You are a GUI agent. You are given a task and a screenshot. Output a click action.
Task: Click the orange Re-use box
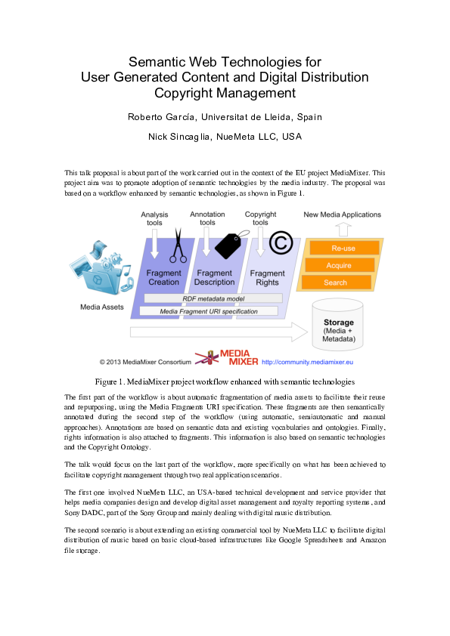344,249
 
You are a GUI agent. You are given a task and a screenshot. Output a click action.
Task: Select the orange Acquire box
339,265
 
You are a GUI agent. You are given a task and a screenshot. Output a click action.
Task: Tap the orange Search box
336,282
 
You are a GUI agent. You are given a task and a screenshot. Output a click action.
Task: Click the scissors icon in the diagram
178,246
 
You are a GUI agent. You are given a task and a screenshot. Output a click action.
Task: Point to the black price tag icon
228,244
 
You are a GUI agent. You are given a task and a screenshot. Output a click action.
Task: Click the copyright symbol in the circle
281,242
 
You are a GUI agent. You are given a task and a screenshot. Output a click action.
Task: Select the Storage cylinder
338,327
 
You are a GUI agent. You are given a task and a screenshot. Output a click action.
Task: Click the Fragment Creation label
164,277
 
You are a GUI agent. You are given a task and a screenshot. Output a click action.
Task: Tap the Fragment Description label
215,277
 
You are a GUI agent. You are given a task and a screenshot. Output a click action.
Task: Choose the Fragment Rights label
267,277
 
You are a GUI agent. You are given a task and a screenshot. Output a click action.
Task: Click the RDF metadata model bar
200,298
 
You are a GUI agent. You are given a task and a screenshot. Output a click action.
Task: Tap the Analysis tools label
154,218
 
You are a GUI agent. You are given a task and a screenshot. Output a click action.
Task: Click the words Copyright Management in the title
225,93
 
